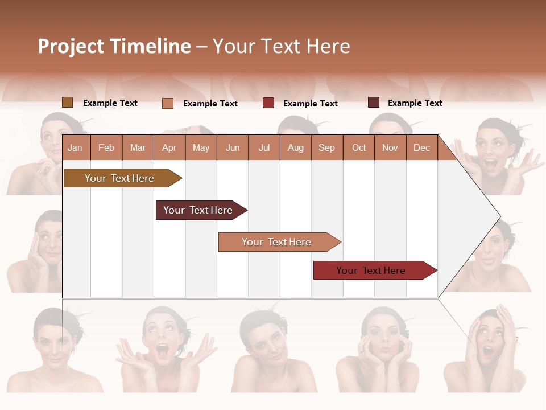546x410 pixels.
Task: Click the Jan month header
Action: pos(75,147)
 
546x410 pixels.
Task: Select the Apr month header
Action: pos(169,147)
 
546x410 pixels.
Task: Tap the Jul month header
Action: pos(264,147)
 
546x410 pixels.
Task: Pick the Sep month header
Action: pos(326,147)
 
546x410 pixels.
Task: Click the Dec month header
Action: pos(421,147)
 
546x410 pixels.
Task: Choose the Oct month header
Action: pos(359,147)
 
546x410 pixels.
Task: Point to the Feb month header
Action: pos(106,147)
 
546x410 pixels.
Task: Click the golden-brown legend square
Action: pos(67,102)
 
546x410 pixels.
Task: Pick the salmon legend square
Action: pos(168,103)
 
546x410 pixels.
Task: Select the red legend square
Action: pos(268,103)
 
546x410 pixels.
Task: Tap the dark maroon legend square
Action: pos(373,102)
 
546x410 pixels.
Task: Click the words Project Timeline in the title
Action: pos(114,46)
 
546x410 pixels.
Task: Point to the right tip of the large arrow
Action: pos(499,216)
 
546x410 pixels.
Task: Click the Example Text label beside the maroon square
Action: pos(415,103)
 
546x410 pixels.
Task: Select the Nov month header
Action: pos(390,147)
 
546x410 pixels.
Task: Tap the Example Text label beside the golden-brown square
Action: pos(110,103)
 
